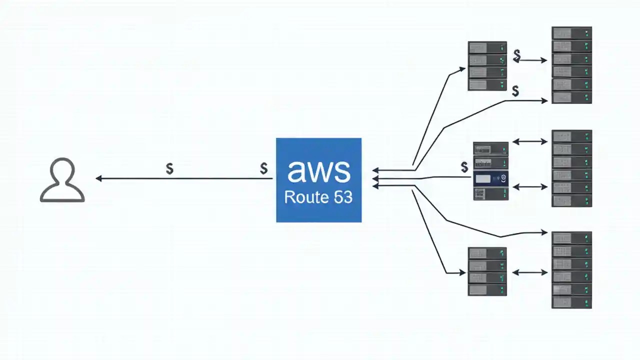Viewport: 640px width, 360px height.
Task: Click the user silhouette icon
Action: [x=62, y=180]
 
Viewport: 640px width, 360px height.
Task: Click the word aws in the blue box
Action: [x=318, y=170]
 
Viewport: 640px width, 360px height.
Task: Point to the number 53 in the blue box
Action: [x=343, y=197]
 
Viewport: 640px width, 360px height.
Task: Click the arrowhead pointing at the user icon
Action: [x=98, y=178]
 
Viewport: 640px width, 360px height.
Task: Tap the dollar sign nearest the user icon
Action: [x=169, y=169]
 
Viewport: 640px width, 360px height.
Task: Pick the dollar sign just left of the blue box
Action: [x=263, y=168]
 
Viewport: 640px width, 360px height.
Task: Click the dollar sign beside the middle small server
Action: [x=464, y=167]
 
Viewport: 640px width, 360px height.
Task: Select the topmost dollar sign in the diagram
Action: [x=517, y=54]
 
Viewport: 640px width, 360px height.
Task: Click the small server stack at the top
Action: [x=487, y=66]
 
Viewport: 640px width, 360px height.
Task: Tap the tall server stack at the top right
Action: [x=571, y=65]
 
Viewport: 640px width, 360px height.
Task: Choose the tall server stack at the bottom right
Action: [x=571, y=270]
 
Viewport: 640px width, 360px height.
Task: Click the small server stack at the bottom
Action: [x=487, y=271]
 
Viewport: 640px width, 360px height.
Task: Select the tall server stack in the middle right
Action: [x=571, y=168]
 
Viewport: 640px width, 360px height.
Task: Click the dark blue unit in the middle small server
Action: [x=490, y=178]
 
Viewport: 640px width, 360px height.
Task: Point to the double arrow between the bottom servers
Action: [x=529, y=273]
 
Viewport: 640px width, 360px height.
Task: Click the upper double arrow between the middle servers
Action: [x=530, y=142]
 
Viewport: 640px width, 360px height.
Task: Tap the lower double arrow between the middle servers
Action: [x=530, y=187]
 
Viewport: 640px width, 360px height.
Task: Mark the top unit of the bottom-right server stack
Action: [x=571, y=237]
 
